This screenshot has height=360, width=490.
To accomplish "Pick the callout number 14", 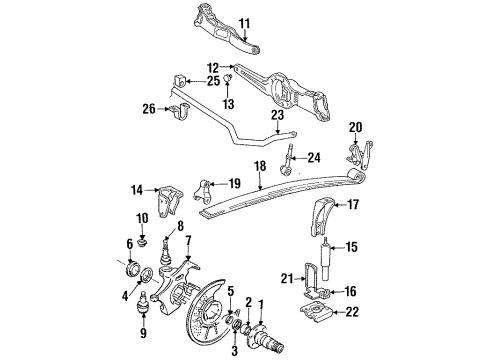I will tap(136, 188).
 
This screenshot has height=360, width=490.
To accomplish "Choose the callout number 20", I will tap(355, 127).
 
